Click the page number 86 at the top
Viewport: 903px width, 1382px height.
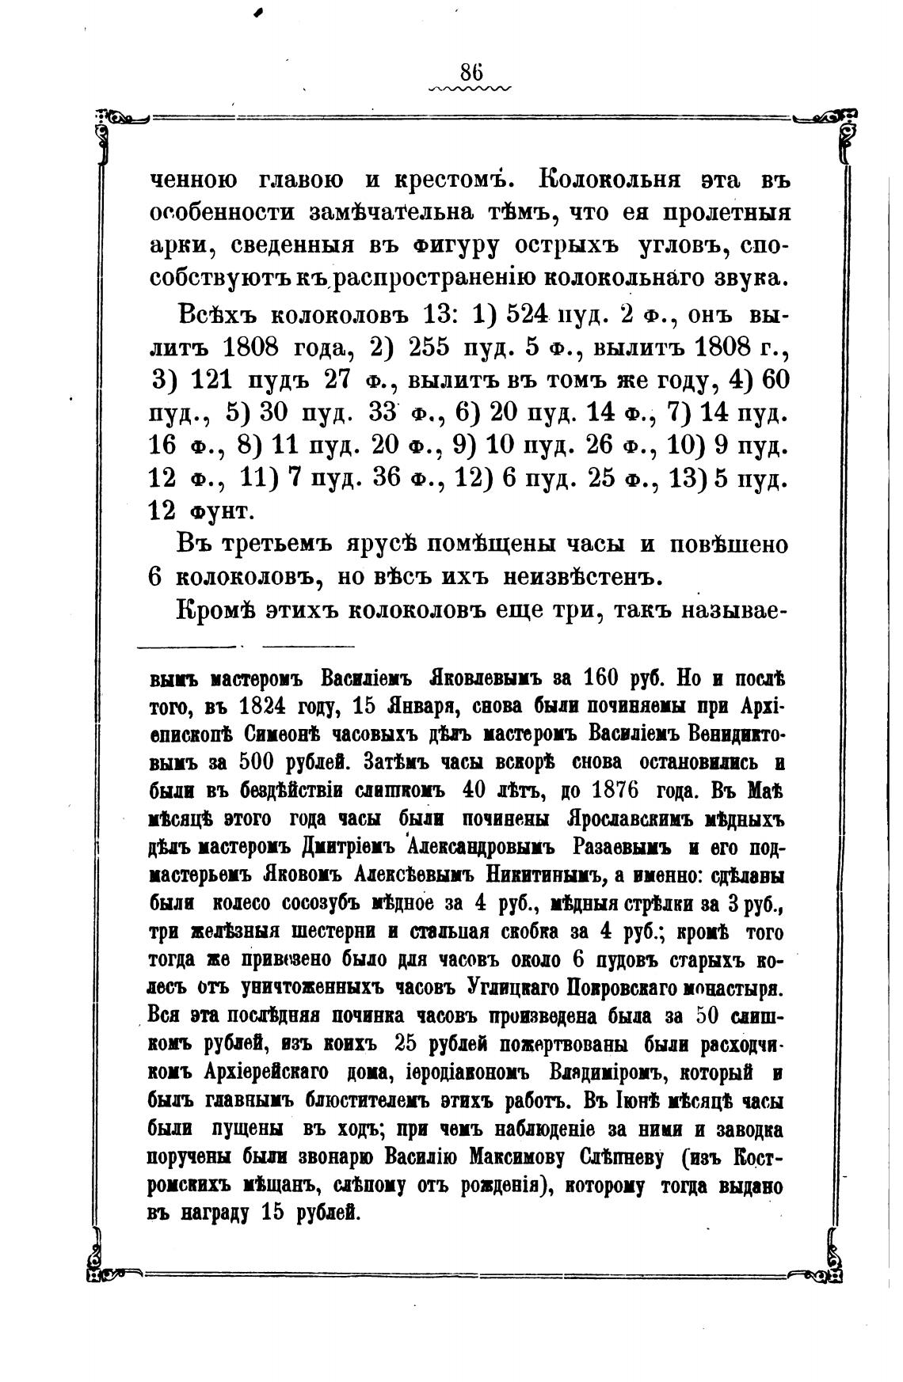(471, 72)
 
